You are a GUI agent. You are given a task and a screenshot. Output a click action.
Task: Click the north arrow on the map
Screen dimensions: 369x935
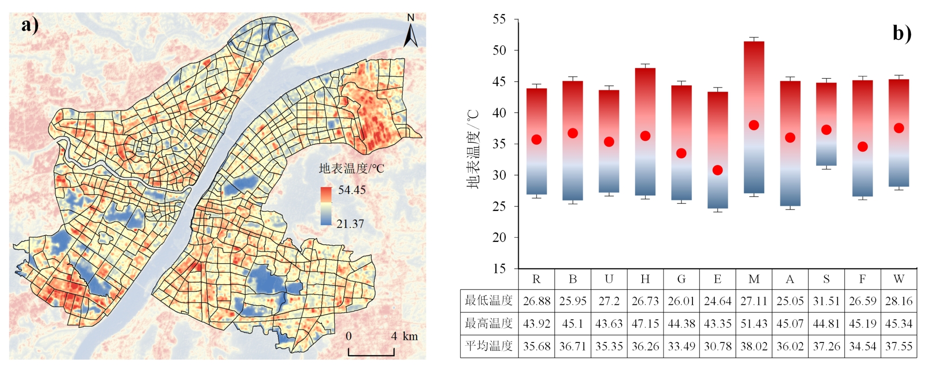tap(410, 33)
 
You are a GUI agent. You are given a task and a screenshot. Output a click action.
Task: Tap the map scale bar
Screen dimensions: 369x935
tap(371, 352)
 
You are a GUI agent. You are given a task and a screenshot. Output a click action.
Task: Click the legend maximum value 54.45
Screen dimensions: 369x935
tap(352, 190)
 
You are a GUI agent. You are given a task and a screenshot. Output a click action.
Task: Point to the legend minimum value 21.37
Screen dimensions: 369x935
tap(350, 224)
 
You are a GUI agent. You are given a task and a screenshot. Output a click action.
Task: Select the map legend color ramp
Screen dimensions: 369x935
tap(326, 206)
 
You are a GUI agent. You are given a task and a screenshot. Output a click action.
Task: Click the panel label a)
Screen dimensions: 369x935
tap(30, 25)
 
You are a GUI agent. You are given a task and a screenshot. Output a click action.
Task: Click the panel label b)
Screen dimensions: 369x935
tap(901, 33)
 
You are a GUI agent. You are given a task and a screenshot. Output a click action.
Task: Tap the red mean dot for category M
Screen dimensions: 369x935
tap(754, 125)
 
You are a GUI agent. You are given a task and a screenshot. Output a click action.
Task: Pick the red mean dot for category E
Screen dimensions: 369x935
tap(718, 170)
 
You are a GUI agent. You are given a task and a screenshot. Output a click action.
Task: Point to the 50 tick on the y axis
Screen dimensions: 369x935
tap(499, 50)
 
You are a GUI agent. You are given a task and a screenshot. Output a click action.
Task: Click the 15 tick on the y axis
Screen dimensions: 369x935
tap(499, 268)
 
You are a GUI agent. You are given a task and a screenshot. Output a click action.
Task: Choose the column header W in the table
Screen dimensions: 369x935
tap(899, 279)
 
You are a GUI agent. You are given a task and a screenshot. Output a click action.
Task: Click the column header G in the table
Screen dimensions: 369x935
tap(681, 279)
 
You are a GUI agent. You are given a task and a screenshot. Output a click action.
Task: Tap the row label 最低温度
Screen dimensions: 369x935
tap(488, 301)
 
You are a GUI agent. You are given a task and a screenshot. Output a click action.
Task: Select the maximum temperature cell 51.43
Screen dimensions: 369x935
tap(754, 324)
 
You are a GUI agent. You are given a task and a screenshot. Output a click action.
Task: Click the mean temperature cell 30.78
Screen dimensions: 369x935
tap(718, 347)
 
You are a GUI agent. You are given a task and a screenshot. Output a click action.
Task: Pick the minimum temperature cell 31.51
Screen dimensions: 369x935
tap(827, 301)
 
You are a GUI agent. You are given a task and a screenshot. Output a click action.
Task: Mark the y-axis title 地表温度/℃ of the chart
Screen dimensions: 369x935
tap(473, 149)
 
